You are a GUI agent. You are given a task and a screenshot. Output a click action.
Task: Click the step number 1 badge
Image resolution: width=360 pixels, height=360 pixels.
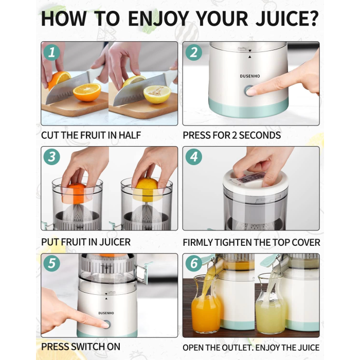(x=51, y=52)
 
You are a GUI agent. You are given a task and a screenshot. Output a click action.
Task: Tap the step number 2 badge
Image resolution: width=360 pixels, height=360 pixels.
(x=194, y=52)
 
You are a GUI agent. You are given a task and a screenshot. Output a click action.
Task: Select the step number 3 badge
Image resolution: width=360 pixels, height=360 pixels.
(x=51, y=157)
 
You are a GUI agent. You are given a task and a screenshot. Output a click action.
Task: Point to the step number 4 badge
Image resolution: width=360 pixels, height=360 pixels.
(x=194, y=157)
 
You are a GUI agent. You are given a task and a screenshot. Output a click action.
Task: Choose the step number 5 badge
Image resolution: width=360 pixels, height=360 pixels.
(x=51, y=263)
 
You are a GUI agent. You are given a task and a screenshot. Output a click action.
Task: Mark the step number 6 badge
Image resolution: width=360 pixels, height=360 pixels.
(x=194, y=263)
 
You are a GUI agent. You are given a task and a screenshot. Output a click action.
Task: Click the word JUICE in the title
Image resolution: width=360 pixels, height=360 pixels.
(x=282, y=19)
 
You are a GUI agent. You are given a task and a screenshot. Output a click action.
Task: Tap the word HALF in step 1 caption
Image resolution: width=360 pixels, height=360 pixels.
(x=130, y=135)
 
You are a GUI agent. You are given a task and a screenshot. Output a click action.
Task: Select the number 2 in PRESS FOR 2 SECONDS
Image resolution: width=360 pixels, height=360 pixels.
(x=234, y=135)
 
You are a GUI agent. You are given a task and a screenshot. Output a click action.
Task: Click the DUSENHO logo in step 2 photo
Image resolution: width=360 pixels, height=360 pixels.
(x=250, y=76)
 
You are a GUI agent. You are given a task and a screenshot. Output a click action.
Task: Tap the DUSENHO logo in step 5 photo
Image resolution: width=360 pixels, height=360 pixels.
(x=106, y=313)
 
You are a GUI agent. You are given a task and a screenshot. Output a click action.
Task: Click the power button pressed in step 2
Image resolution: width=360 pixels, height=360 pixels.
(x=249, y=91)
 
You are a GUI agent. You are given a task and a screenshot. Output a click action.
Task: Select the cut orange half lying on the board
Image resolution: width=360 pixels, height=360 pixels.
(x=87, y=92)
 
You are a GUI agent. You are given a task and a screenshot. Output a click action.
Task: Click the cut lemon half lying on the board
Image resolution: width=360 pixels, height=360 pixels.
(x=157, y=94)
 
